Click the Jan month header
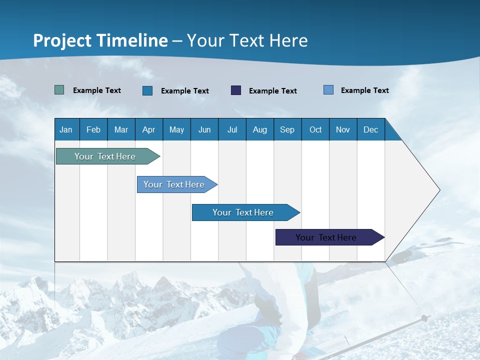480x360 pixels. [x=66, y=129]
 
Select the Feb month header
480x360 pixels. [x=93, y=129]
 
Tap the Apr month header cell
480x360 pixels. [x=149, y=129]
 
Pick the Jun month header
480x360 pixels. [x=204, y=129]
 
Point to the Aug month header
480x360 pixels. [x=260, y=129]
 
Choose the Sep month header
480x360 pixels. [x=287, y=129]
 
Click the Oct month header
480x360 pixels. [x=315, y=129]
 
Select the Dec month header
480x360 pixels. [x=371, y=129]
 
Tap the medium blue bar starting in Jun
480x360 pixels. [x=243, y=212]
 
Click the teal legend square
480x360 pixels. [x=59, y=90]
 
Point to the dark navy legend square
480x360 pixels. [x=236, y=90]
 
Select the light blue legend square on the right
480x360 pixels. [x=328, y=90]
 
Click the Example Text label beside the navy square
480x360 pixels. [x=273, y=91]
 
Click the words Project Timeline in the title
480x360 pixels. [x=100, y=40]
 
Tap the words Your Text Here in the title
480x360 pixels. [x=247, y=40]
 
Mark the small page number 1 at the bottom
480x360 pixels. [x=346, y=340]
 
